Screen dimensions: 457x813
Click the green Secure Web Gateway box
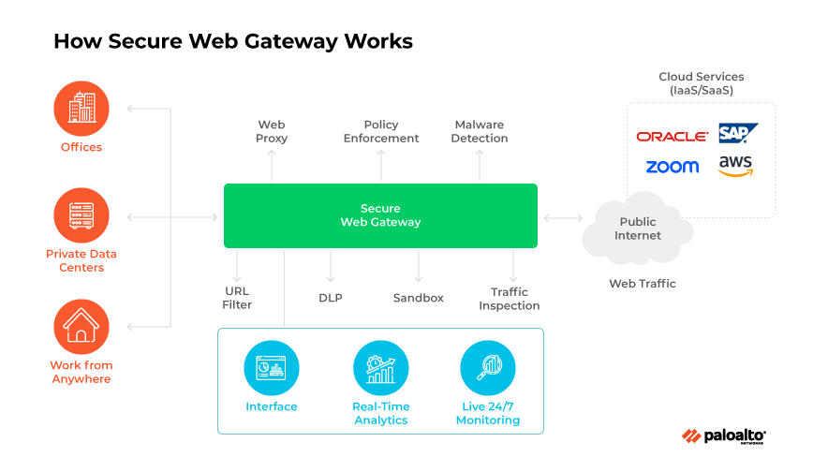[x=380, y=215]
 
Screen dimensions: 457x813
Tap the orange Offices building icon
[x=81, y=109]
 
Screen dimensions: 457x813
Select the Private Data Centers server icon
[x=81, y=215]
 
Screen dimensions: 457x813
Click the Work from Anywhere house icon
[x=81, y=327]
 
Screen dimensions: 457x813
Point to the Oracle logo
[x=672, y=137]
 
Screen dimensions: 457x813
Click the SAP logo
[x=737, y=134]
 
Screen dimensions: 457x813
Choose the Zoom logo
[x=672, y=167]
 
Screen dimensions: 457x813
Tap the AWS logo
[x=735, y=167]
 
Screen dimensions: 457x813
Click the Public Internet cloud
[x=637, y=228]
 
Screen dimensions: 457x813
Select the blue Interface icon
[x=272, y=368]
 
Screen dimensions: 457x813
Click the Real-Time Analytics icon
[x=380, y=368]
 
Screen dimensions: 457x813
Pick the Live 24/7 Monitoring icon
[x=488, y=368]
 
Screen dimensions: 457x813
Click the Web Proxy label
[x=272, y=131]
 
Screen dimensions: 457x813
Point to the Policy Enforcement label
[x=380, y=131]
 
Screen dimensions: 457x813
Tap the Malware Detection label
[x=480, y=131]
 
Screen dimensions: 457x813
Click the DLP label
[x=331, y=298]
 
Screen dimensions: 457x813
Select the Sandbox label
[x=418, y=298]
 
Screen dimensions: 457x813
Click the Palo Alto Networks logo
[x=724, y=435]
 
